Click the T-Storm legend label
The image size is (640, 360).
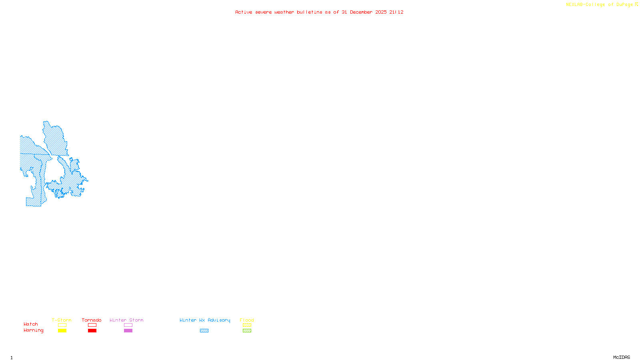(62, 320)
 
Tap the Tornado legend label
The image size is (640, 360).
(92, 320)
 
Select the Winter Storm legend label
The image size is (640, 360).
(126, 320)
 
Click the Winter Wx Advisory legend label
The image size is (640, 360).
(205, 320)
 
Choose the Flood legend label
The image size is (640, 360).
(247, 320)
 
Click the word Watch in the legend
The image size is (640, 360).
(31, 324)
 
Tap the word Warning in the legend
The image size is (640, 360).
(34, 330)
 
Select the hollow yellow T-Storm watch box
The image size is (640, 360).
(62, 325)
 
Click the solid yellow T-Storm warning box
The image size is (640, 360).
(62, 331)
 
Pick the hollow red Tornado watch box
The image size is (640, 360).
(92, 325)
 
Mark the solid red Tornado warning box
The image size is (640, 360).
(92, 331)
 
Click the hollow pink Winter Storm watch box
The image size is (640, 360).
(128, 325)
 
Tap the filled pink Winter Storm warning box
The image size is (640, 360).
(128, 331)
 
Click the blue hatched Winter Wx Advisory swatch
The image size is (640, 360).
(204, 331)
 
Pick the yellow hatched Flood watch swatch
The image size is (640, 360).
(247, 325)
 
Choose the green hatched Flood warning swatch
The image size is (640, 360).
(247, 331)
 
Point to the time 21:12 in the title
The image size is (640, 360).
(396, 12)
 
